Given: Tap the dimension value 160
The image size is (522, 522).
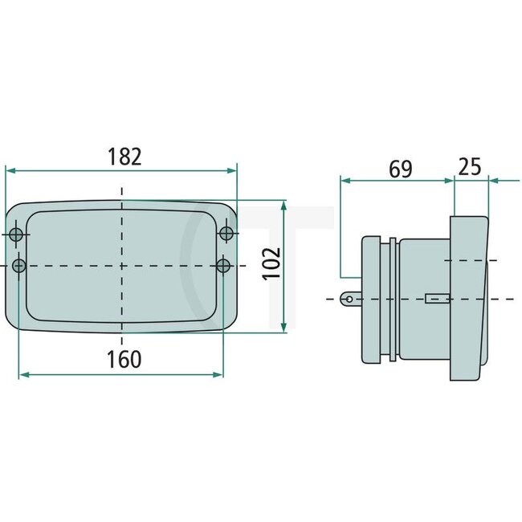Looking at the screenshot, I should [x=124, y=359].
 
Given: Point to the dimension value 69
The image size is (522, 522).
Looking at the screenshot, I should [x=399, y=169].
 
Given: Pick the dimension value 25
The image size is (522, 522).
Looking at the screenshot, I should [x=470, y=166].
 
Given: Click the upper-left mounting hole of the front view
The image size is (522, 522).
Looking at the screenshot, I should [x=17, y=234].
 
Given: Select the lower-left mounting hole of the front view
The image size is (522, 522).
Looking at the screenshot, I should [x=19, y=265].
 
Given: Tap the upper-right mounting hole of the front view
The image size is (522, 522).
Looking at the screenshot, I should [x=226, y=233].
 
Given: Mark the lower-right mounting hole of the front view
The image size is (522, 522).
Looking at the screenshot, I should [x=224, y=264].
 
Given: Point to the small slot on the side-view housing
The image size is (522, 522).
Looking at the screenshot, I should [x=434, y=299].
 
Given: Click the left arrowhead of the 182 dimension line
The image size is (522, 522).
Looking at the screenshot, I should [x=10, y=170].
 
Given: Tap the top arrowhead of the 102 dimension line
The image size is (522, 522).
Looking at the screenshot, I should [x=283, y=205].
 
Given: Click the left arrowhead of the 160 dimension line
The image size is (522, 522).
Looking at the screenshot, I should [x=23, y=374].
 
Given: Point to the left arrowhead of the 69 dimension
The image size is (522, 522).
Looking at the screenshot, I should [x=345, y=181].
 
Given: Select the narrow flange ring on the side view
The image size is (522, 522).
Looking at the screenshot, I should [x=392, y=300].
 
